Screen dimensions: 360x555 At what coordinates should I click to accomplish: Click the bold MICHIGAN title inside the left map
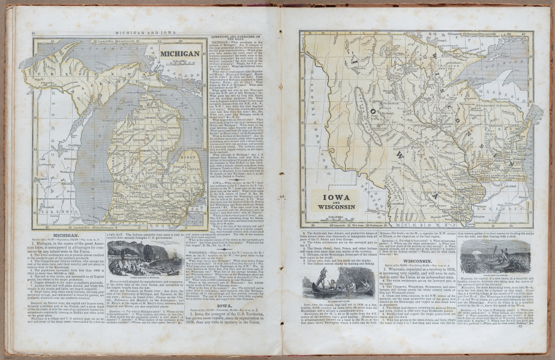click(x=179, y=53)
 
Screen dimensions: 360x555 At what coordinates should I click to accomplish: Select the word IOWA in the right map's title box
click(x=332, y=197)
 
